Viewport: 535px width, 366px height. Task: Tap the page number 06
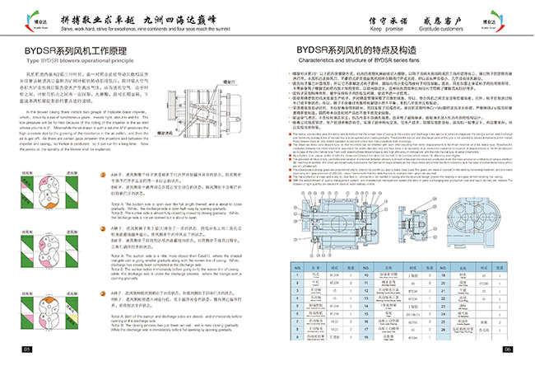point(508,350)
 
